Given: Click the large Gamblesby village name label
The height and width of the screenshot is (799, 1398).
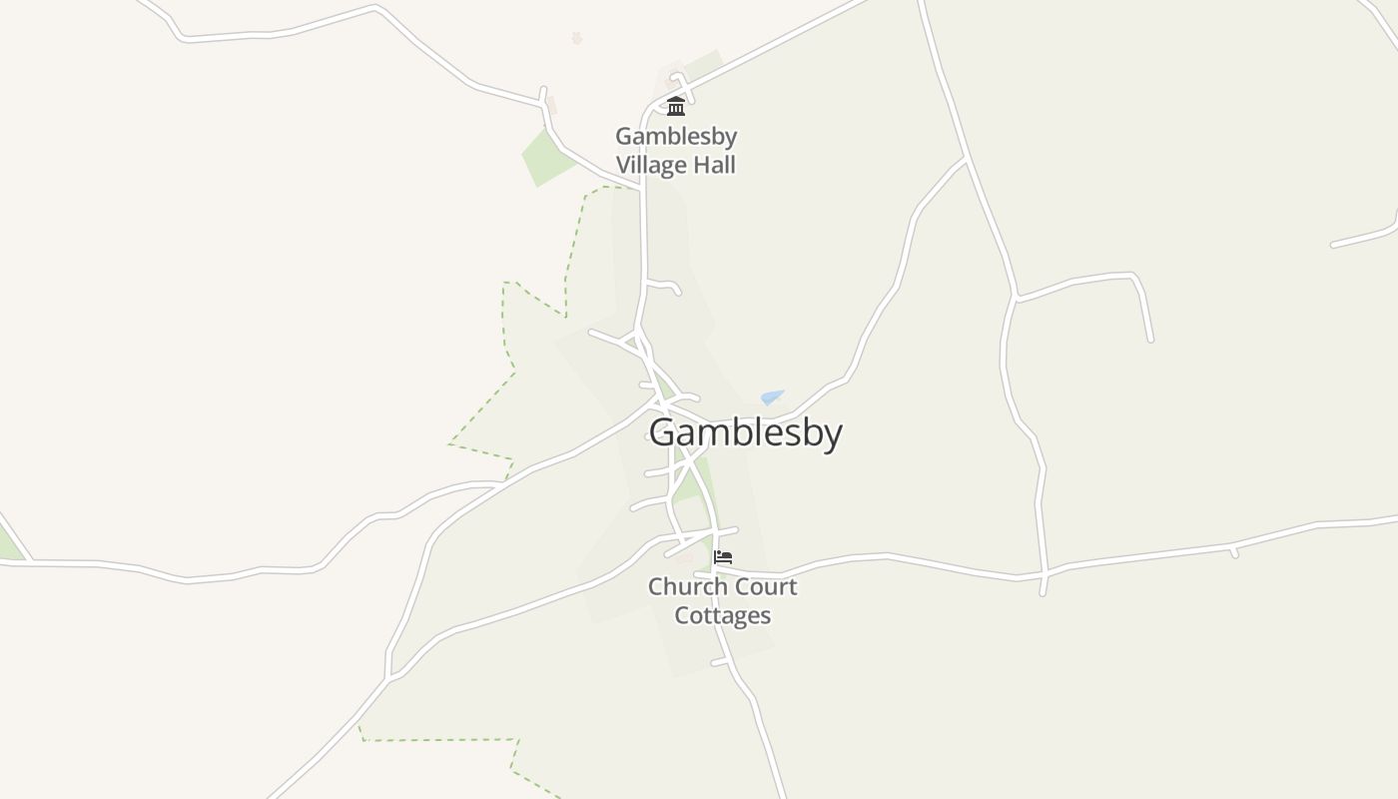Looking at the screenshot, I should (745, 432).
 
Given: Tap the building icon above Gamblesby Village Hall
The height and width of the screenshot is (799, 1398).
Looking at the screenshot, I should (676, 106).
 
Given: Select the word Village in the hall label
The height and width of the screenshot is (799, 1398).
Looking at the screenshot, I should (651, 165).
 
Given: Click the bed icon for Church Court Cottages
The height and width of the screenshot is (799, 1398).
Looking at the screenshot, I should (723, 557).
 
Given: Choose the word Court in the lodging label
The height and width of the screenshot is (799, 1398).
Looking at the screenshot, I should (767, 586).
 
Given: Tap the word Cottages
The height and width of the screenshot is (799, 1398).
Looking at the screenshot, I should (722, 615).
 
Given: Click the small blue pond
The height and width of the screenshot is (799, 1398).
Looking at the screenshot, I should (771, 397).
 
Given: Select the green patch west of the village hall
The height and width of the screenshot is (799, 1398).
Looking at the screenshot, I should (547, 158).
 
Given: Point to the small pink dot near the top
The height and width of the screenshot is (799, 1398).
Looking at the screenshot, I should (576, 38).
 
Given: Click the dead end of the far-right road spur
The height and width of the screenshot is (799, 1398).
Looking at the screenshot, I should (1150, 340).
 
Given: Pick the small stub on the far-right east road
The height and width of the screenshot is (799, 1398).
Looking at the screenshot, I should (1234, 551).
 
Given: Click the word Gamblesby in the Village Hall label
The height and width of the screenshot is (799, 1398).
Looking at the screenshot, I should (676, 136).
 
